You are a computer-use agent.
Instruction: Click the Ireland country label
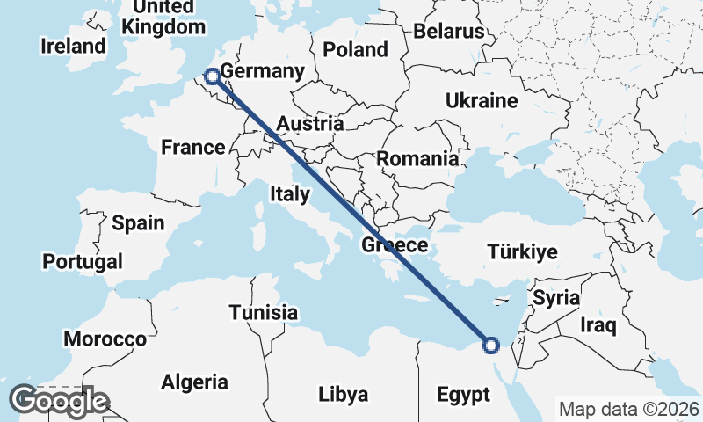click(x=73, y=46)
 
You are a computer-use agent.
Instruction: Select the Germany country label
click(x=262, y=71)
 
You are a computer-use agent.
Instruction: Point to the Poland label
click(x=355, y=48)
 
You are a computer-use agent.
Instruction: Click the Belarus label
click(x=449, y=31)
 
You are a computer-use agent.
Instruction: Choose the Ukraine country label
click(x=481, y=100)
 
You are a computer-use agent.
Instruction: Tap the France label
click(x=193, y=147)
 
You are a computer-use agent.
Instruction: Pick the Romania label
click(x=417, y=159)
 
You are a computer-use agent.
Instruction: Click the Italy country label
click(x=290, y=193)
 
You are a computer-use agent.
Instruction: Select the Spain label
click(x=138, y=222)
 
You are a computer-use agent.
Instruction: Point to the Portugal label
click(x=83, y=261)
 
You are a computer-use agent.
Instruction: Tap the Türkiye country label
click(x=523, y=252)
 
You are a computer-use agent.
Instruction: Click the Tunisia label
click(x=264, y=312)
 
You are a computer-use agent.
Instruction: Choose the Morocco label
click(x=105, y=339)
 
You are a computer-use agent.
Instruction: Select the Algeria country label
click(x=195, y=382)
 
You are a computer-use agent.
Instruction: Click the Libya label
click(x=343, y=393)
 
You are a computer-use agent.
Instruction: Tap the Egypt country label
click(x=462, y=395)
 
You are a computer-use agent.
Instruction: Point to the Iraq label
click(x=599, y=325)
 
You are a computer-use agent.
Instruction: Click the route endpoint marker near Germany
click(x=213, y=78)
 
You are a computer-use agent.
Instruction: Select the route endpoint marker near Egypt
click(x=490, y=346)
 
